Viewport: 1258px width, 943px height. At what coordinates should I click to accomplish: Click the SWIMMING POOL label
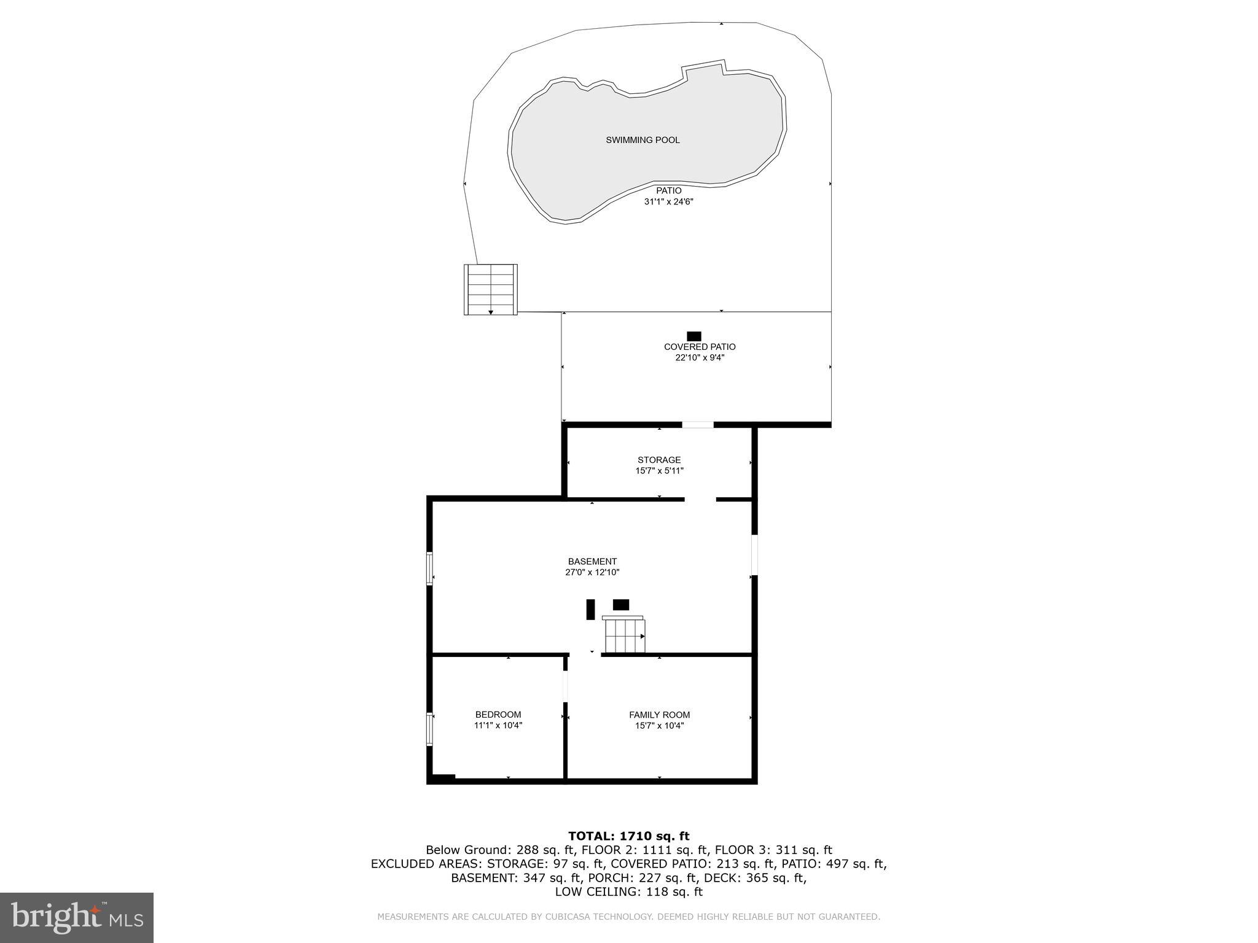[643, 140]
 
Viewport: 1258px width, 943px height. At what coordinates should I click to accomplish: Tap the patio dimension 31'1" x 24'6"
[668, 201]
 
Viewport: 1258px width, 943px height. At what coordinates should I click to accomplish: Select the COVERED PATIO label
[700, 347]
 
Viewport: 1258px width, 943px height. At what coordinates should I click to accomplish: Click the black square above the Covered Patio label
[694, 336]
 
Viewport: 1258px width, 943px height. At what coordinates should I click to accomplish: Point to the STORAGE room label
[659, 460]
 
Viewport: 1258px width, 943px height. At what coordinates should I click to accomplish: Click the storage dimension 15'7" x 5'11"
[659, 471]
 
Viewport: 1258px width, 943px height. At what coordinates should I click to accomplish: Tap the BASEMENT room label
[592, 561]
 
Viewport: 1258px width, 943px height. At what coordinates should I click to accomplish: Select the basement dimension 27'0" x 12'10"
[592, 572]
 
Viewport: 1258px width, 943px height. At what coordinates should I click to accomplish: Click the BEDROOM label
[498, 715]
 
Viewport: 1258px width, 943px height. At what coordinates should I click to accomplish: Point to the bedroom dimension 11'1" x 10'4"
[498, 726]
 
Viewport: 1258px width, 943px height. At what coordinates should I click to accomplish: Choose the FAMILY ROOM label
[659, 715]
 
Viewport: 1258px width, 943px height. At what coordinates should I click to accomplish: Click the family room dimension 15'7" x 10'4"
[659, 726]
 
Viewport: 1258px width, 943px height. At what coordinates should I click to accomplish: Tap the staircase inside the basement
[625, 635]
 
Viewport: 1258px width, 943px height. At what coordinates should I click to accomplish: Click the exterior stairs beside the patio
[490, 289]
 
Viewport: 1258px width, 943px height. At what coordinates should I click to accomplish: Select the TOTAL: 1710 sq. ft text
[628, 836]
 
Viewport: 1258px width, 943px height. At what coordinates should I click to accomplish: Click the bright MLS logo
[77, 917]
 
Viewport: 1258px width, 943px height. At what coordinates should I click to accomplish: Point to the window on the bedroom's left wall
[430, 728]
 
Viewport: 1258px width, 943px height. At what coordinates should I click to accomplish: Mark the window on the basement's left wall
[430, 569]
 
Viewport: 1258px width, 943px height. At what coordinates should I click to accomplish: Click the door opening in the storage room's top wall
[698, 424]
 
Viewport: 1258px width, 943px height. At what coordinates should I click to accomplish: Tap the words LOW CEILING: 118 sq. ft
[628, 892]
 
